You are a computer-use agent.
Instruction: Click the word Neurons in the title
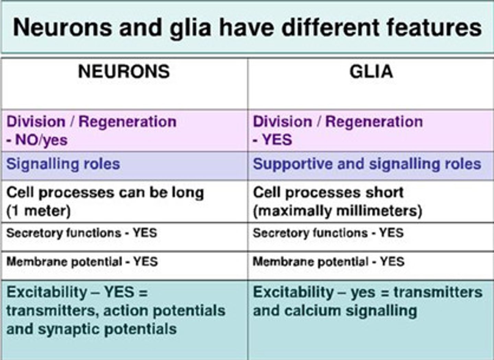point(62,27)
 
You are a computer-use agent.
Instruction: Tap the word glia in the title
point(190,27)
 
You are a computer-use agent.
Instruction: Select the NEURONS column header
point(124,72)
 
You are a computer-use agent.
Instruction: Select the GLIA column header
point(371,72)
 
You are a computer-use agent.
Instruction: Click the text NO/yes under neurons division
point(41,140)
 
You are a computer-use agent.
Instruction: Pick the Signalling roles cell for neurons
point(63,164)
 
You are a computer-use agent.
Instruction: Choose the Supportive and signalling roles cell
point(367,164)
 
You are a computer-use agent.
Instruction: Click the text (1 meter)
point(38,211)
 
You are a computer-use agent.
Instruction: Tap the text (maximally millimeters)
point(338,211)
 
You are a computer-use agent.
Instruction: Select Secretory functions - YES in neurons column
point(82,233)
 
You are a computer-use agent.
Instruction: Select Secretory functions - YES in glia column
point(328,233)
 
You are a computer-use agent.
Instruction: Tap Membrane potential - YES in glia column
point(329,262)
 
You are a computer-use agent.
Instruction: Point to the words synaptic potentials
point(107,329)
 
